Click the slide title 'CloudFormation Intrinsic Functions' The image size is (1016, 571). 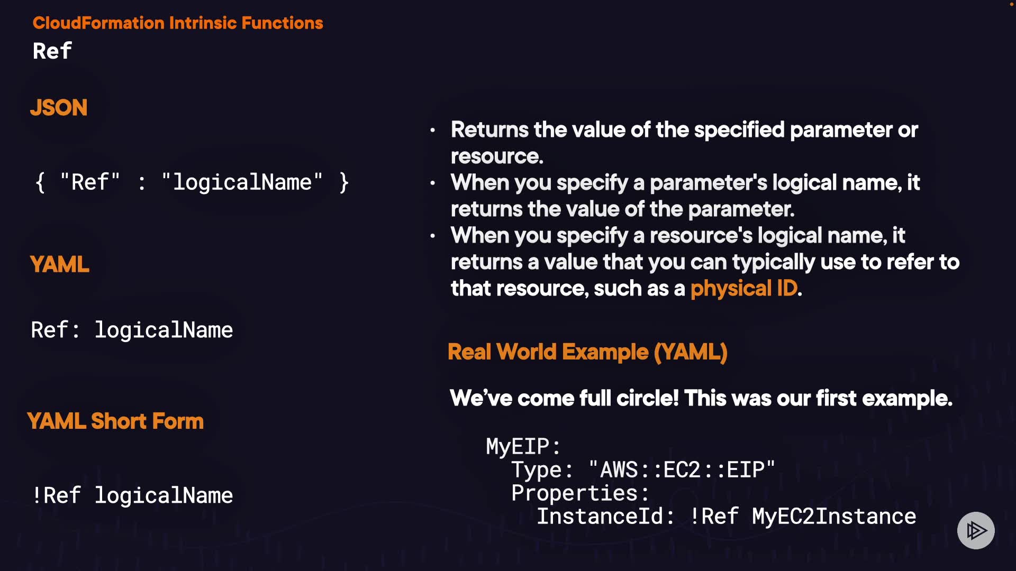pyautogui.click(x=178, y=23)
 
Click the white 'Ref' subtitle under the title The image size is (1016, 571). pyautogui.click(x=52, y=51)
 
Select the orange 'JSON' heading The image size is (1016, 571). pyautogui.click(x=59, y=107)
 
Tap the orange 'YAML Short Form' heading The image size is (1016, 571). pyautogui.click(x=115, y=421)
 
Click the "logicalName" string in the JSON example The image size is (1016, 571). pyautogui.click(x=242, y=182)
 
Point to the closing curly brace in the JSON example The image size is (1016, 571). pyautogui.click(x=344, y=182)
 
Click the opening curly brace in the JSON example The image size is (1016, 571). pyautogui.click(x=40, y=182)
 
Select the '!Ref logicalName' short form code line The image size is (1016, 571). pyautogui.click(x=132, y=496)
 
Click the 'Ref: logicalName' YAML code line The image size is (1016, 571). pyautogui.click(x=132, y=330)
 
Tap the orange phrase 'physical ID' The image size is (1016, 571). pyautogui.click(x=743, y=289)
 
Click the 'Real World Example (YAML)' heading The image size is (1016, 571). pyautogui.click(x=587, y=352)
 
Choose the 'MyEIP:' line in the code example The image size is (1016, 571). pyautogui.click(x=523, y=447)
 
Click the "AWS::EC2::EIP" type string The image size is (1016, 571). pyautogui.click(x=682, y=470)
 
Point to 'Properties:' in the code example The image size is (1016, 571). pyautogui.click(x=580, y=493)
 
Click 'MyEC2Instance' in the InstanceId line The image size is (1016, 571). pyautogui.click(x=834, y=517)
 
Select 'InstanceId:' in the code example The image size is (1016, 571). pyautogui.click(x=605, y=517)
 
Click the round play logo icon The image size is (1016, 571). pyautogui.click(x=976, y=530)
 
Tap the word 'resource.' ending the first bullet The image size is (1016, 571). pyautogui.click(x=497, y=156)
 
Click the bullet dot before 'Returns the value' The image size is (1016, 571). pyautogui.click(x=433, y=130)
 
